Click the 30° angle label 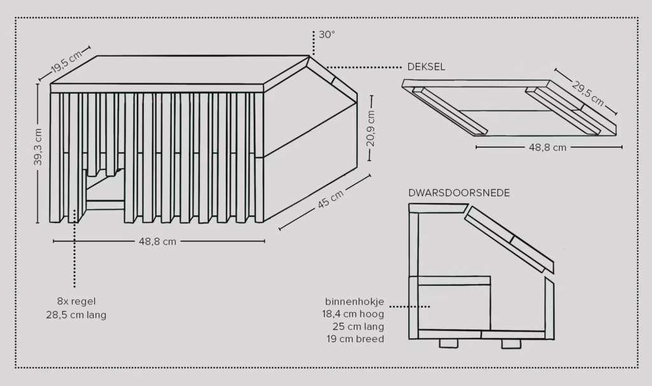[x=327, y=35]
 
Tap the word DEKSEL [x=426, y=67]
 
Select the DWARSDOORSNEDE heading [x=459, y=193]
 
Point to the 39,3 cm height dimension [x=38, y=147]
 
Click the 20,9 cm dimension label [x=370, y=129]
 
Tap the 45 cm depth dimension [x=330, y=199]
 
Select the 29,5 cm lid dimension [x=588, y=94]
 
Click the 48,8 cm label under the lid [x=548, y=148]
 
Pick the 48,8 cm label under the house [x=158, y=241]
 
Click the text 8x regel [x=76, y=301]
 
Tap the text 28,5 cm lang [x=76, y=315]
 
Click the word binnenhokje [x=355, y=301]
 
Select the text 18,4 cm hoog [x=353, y=314]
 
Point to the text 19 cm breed [x=355, y=339]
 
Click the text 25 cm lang [x=358, y=327]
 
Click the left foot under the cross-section [x=449, y=343]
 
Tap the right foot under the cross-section [x=511, y=344]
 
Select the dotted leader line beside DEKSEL [x=364, y=67]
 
